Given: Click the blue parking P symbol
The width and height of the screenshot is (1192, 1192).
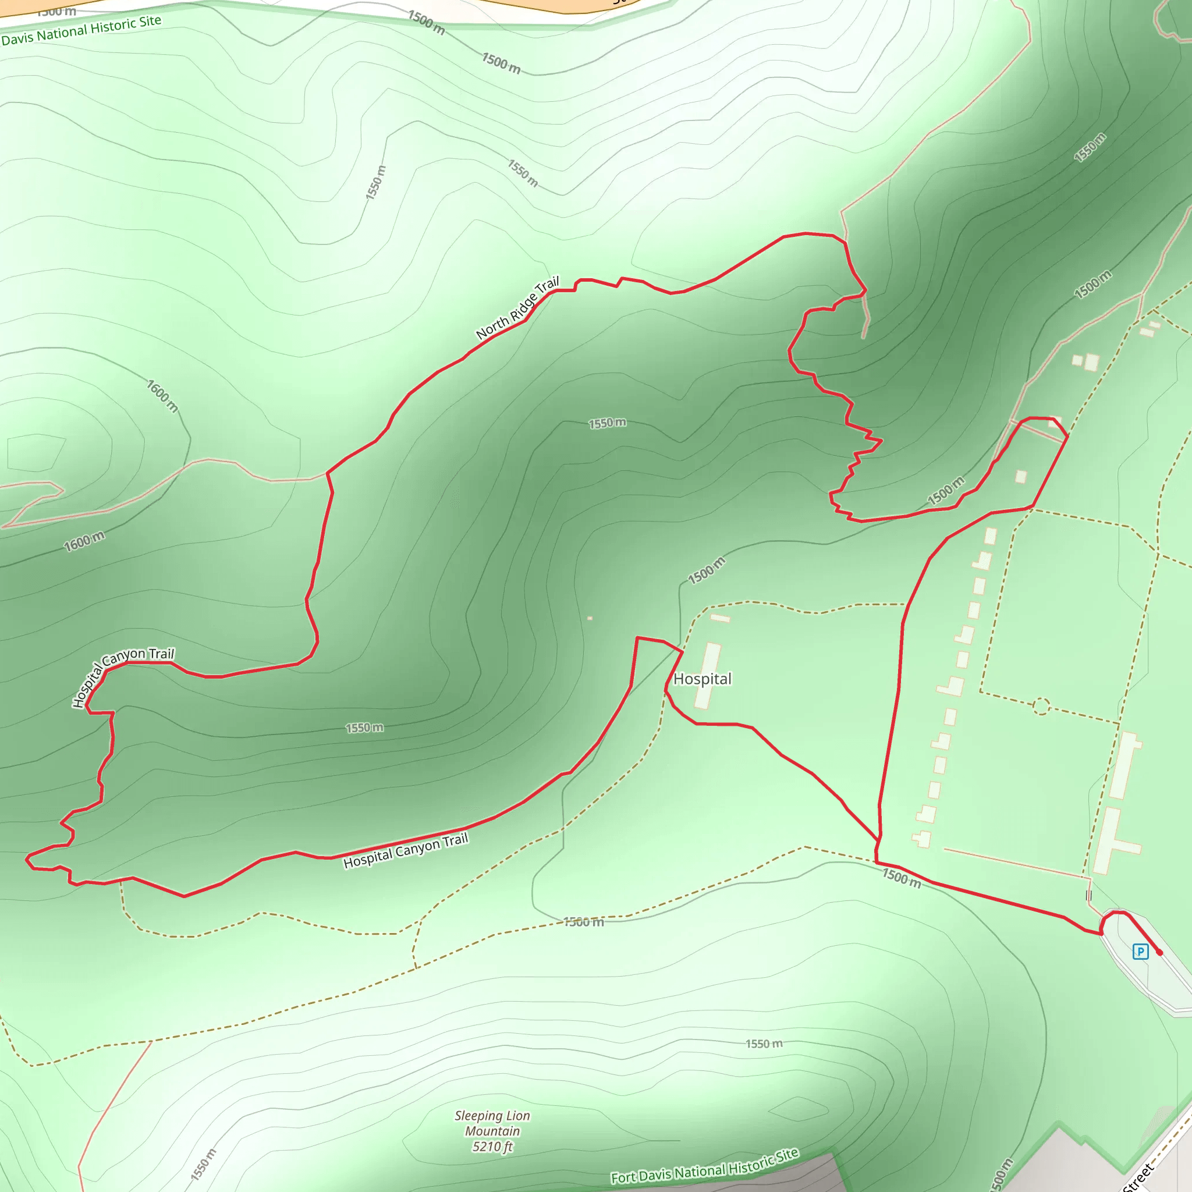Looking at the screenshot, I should click(1140, 952).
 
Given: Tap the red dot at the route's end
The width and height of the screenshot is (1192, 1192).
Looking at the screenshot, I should click(1159, 953).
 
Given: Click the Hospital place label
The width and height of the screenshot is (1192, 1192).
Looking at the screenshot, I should click(702, 679).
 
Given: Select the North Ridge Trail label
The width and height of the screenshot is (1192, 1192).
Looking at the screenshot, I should click(517, 308).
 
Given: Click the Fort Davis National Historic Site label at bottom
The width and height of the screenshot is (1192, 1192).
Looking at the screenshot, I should click(705, 1165).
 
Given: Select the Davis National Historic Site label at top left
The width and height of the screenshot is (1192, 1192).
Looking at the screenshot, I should click(81, 30).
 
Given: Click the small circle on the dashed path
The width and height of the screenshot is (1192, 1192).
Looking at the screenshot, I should click(1041, 706).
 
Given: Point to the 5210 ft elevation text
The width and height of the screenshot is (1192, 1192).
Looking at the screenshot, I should click(492, 1147).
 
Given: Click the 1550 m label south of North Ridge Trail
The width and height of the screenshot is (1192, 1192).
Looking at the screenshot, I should click(607, 423).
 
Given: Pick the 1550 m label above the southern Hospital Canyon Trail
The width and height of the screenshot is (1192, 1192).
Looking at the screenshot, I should click(364, 728).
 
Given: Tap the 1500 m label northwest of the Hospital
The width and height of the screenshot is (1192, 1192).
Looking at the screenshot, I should click(707, 570).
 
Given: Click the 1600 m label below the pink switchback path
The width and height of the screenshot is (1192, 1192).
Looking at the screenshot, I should click(84, 541).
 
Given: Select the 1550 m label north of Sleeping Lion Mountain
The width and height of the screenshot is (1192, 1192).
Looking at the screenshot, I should click(764, 1044).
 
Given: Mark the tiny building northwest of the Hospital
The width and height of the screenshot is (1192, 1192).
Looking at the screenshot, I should click(590, 618).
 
